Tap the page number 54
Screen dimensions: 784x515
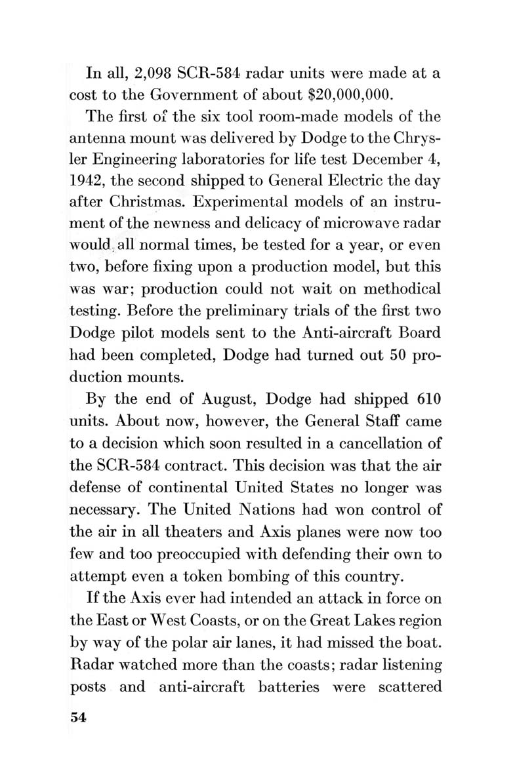tap(78, 716)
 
